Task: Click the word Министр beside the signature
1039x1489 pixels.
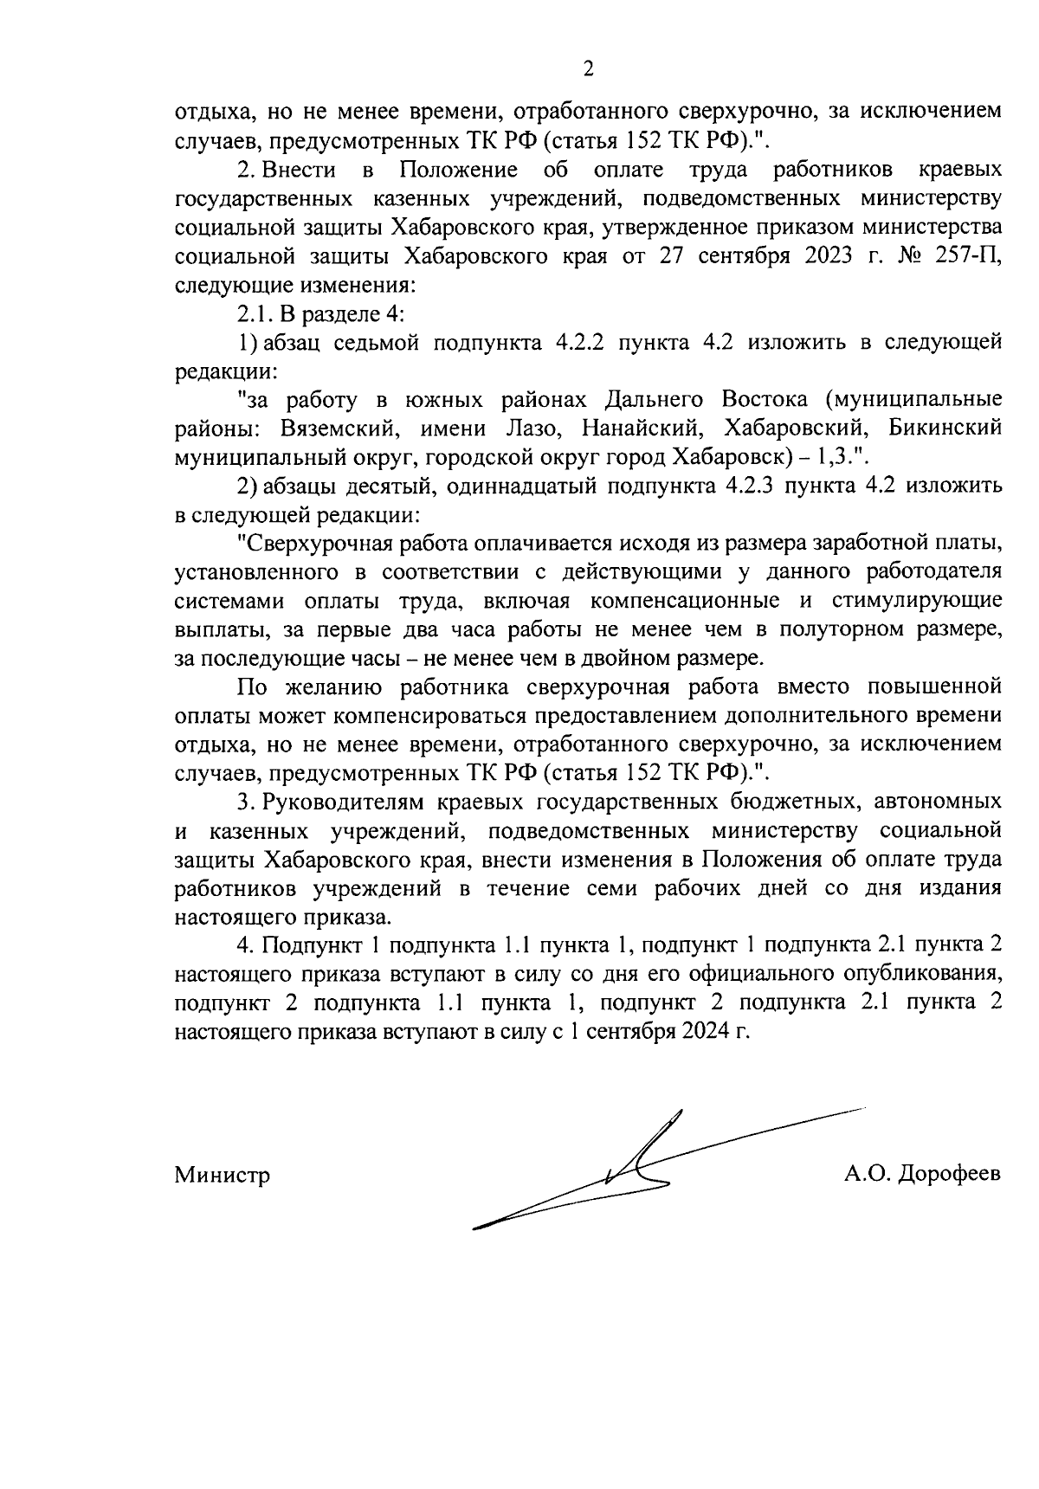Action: [223, 1175]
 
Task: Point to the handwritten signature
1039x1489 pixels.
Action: [641, 1169]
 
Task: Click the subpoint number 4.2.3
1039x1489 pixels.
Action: [746, 487]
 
